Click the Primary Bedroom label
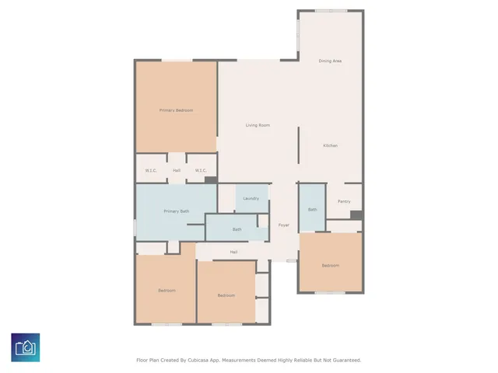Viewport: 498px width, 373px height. tap(176, 110)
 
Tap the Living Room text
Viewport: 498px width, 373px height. tap(258, 125)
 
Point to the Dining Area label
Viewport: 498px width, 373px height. tap(330, 61)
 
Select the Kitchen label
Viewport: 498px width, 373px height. tap(330, 146)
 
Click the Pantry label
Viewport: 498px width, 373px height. tap(344, 201)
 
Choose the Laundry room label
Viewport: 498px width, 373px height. tap(251, 199)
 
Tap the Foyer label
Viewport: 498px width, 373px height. tap(284, 225)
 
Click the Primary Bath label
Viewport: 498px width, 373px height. tap(176, 211)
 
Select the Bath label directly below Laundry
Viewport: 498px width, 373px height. tap(237, 229)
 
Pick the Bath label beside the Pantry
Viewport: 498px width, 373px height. tap(312, 209)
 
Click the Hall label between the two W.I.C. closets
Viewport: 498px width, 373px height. tap(177, 170)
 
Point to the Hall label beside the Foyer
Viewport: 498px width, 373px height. tap(233, 252)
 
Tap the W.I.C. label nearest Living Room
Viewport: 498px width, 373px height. tap(200, 170)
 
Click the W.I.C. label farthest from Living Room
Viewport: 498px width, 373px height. tap(151, 170)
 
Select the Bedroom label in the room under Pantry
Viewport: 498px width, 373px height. tap(330, 265)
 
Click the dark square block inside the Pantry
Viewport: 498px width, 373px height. tap(356, 215)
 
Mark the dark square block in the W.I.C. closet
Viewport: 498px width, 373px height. tap(210, 180)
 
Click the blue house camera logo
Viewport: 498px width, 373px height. tap(26, 347)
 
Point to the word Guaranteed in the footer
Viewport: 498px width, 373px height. tap(343, 361)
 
